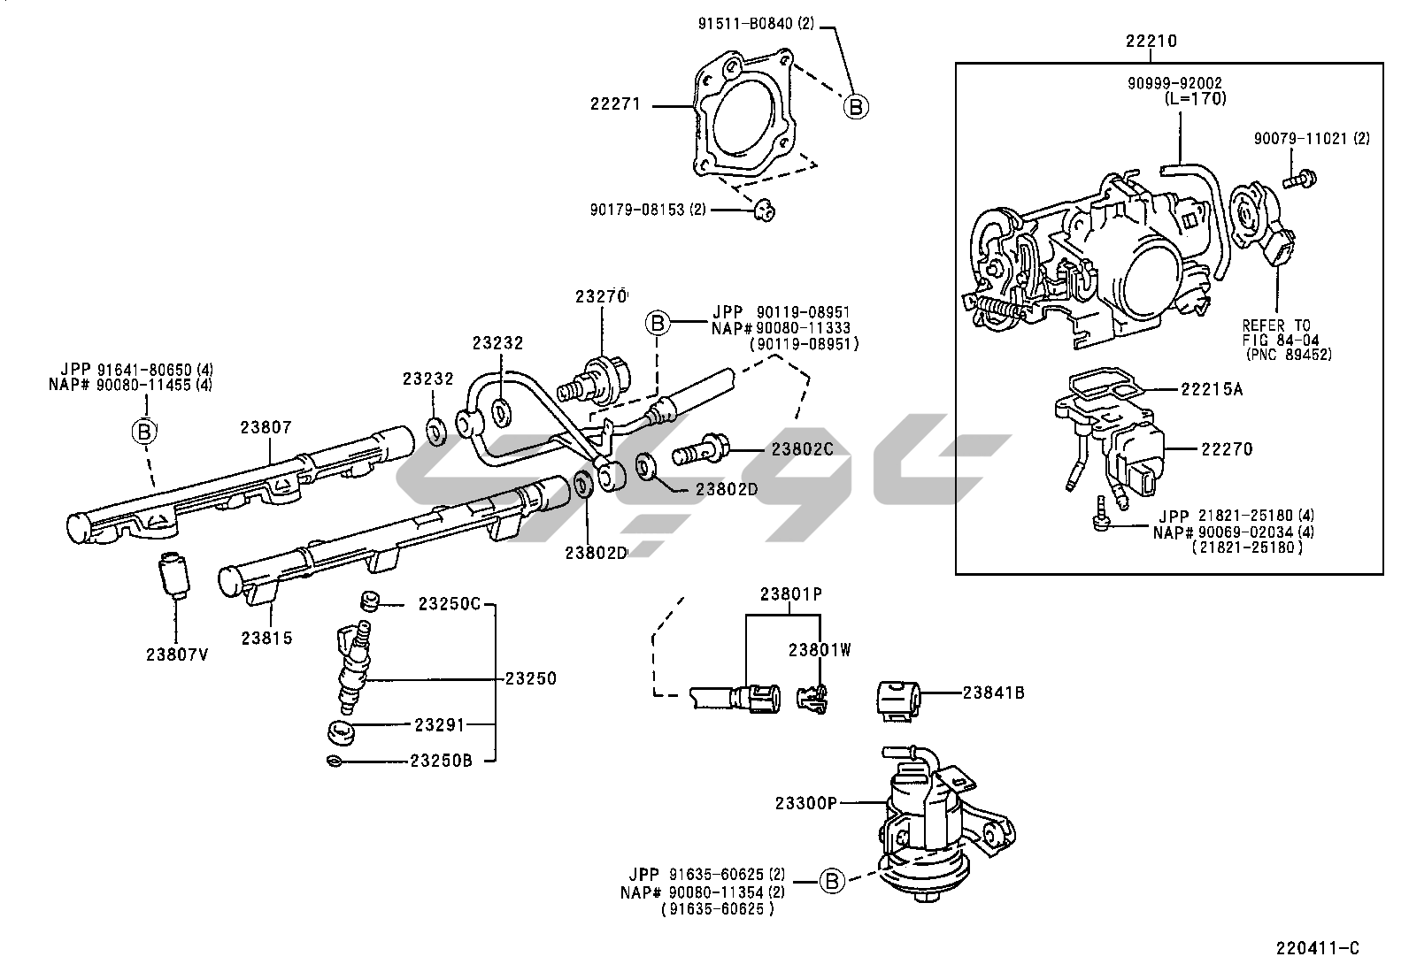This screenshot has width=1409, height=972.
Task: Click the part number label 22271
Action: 615,105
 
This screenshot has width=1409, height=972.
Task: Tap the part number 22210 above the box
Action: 1151,41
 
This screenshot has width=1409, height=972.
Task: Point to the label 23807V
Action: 177,654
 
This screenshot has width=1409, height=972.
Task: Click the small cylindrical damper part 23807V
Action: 173,575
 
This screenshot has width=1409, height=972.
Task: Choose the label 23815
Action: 267,638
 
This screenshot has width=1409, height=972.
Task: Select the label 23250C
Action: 449,604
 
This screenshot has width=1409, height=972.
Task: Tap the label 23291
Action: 439,723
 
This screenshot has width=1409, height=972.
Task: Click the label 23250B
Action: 441,760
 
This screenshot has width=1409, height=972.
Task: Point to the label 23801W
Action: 820,650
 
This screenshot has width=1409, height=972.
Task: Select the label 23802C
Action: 802,448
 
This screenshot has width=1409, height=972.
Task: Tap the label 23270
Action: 601,297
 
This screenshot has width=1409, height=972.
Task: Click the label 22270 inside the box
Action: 1227,448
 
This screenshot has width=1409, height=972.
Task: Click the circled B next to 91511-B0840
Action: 855,106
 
